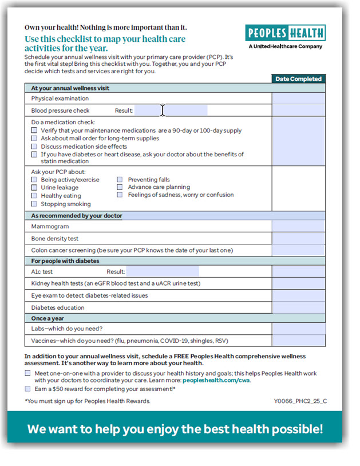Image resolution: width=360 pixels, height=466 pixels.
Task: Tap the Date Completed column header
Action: coord(298,79)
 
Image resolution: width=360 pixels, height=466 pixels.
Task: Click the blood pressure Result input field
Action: coord(171,110)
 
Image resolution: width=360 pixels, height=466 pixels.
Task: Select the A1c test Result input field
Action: coord(163,271)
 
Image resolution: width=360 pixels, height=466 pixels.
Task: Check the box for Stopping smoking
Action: coord(34,204)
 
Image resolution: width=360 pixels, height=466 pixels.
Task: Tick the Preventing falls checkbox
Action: coord(120,180)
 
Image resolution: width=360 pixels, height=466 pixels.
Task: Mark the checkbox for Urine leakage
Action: coord(34,188)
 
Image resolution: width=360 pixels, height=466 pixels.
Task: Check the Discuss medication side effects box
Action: coord(34,147)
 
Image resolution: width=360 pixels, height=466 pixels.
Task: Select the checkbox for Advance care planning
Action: coord(120,187)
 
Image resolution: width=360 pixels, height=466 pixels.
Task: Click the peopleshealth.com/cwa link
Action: coord(216,380)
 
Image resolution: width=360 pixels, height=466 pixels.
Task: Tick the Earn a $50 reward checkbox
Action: coord(28,389)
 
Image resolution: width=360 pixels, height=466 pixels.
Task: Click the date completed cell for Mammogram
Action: coord(298,226)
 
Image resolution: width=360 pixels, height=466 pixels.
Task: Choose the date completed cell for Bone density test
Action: coord(298,238)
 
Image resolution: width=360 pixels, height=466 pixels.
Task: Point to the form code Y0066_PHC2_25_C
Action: coord(300,401)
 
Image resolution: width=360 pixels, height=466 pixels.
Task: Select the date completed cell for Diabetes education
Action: coord(298,307)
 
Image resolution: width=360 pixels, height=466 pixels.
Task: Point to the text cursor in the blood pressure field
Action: coord(163,110)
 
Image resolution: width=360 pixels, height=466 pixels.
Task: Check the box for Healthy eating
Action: coord(34,196)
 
